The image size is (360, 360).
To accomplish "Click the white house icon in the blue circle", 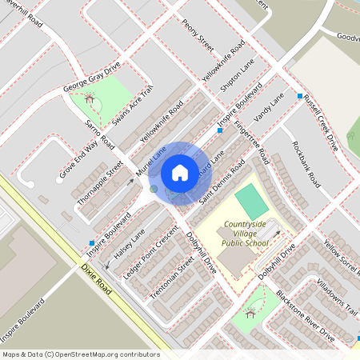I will click(180, 172).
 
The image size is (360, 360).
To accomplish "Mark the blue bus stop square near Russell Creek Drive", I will click(300, 96).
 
